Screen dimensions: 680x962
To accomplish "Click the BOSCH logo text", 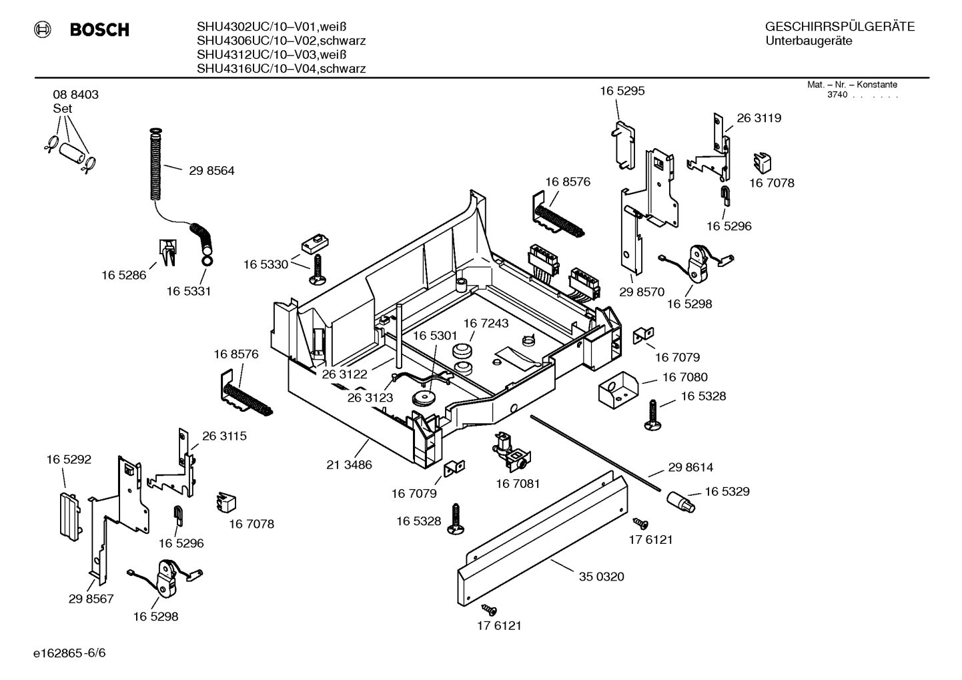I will (99, 30).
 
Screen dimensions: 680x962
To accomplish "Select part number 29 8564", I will (211, 171).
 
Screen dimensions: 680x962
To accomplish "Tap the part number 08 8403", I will (75, 95).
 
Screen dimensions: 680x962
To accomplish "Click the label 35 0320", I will (601, 577).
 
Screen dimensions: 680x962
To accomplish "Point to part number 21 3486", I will (349, 464).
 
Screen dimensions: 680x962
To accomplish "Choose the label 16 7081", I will (518, 483).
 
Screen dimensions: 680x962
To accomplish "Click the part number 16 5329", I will (727, 491).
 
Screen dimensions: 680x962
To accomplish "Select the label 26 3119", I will (759, 118).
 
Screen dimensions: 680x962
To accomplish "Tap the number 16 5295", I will (622, 91).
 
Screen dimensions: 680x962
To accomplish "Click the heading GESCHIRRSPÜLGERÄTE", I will (839, 27).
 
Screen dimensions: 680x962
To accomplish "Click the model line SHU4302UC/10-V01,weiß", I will (272, 27).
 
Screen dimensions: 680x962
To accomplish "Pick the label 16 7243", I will (486, 323).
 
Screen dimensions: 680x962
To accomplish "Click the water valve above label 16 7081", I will (510, 450).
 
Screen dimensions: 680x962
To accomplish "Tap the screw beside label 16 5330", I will (316, 270).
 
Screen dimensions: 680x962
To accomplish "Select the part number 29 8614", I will (690, 467).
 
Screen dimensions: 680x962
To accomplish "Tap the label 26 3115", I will (224, 436).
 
